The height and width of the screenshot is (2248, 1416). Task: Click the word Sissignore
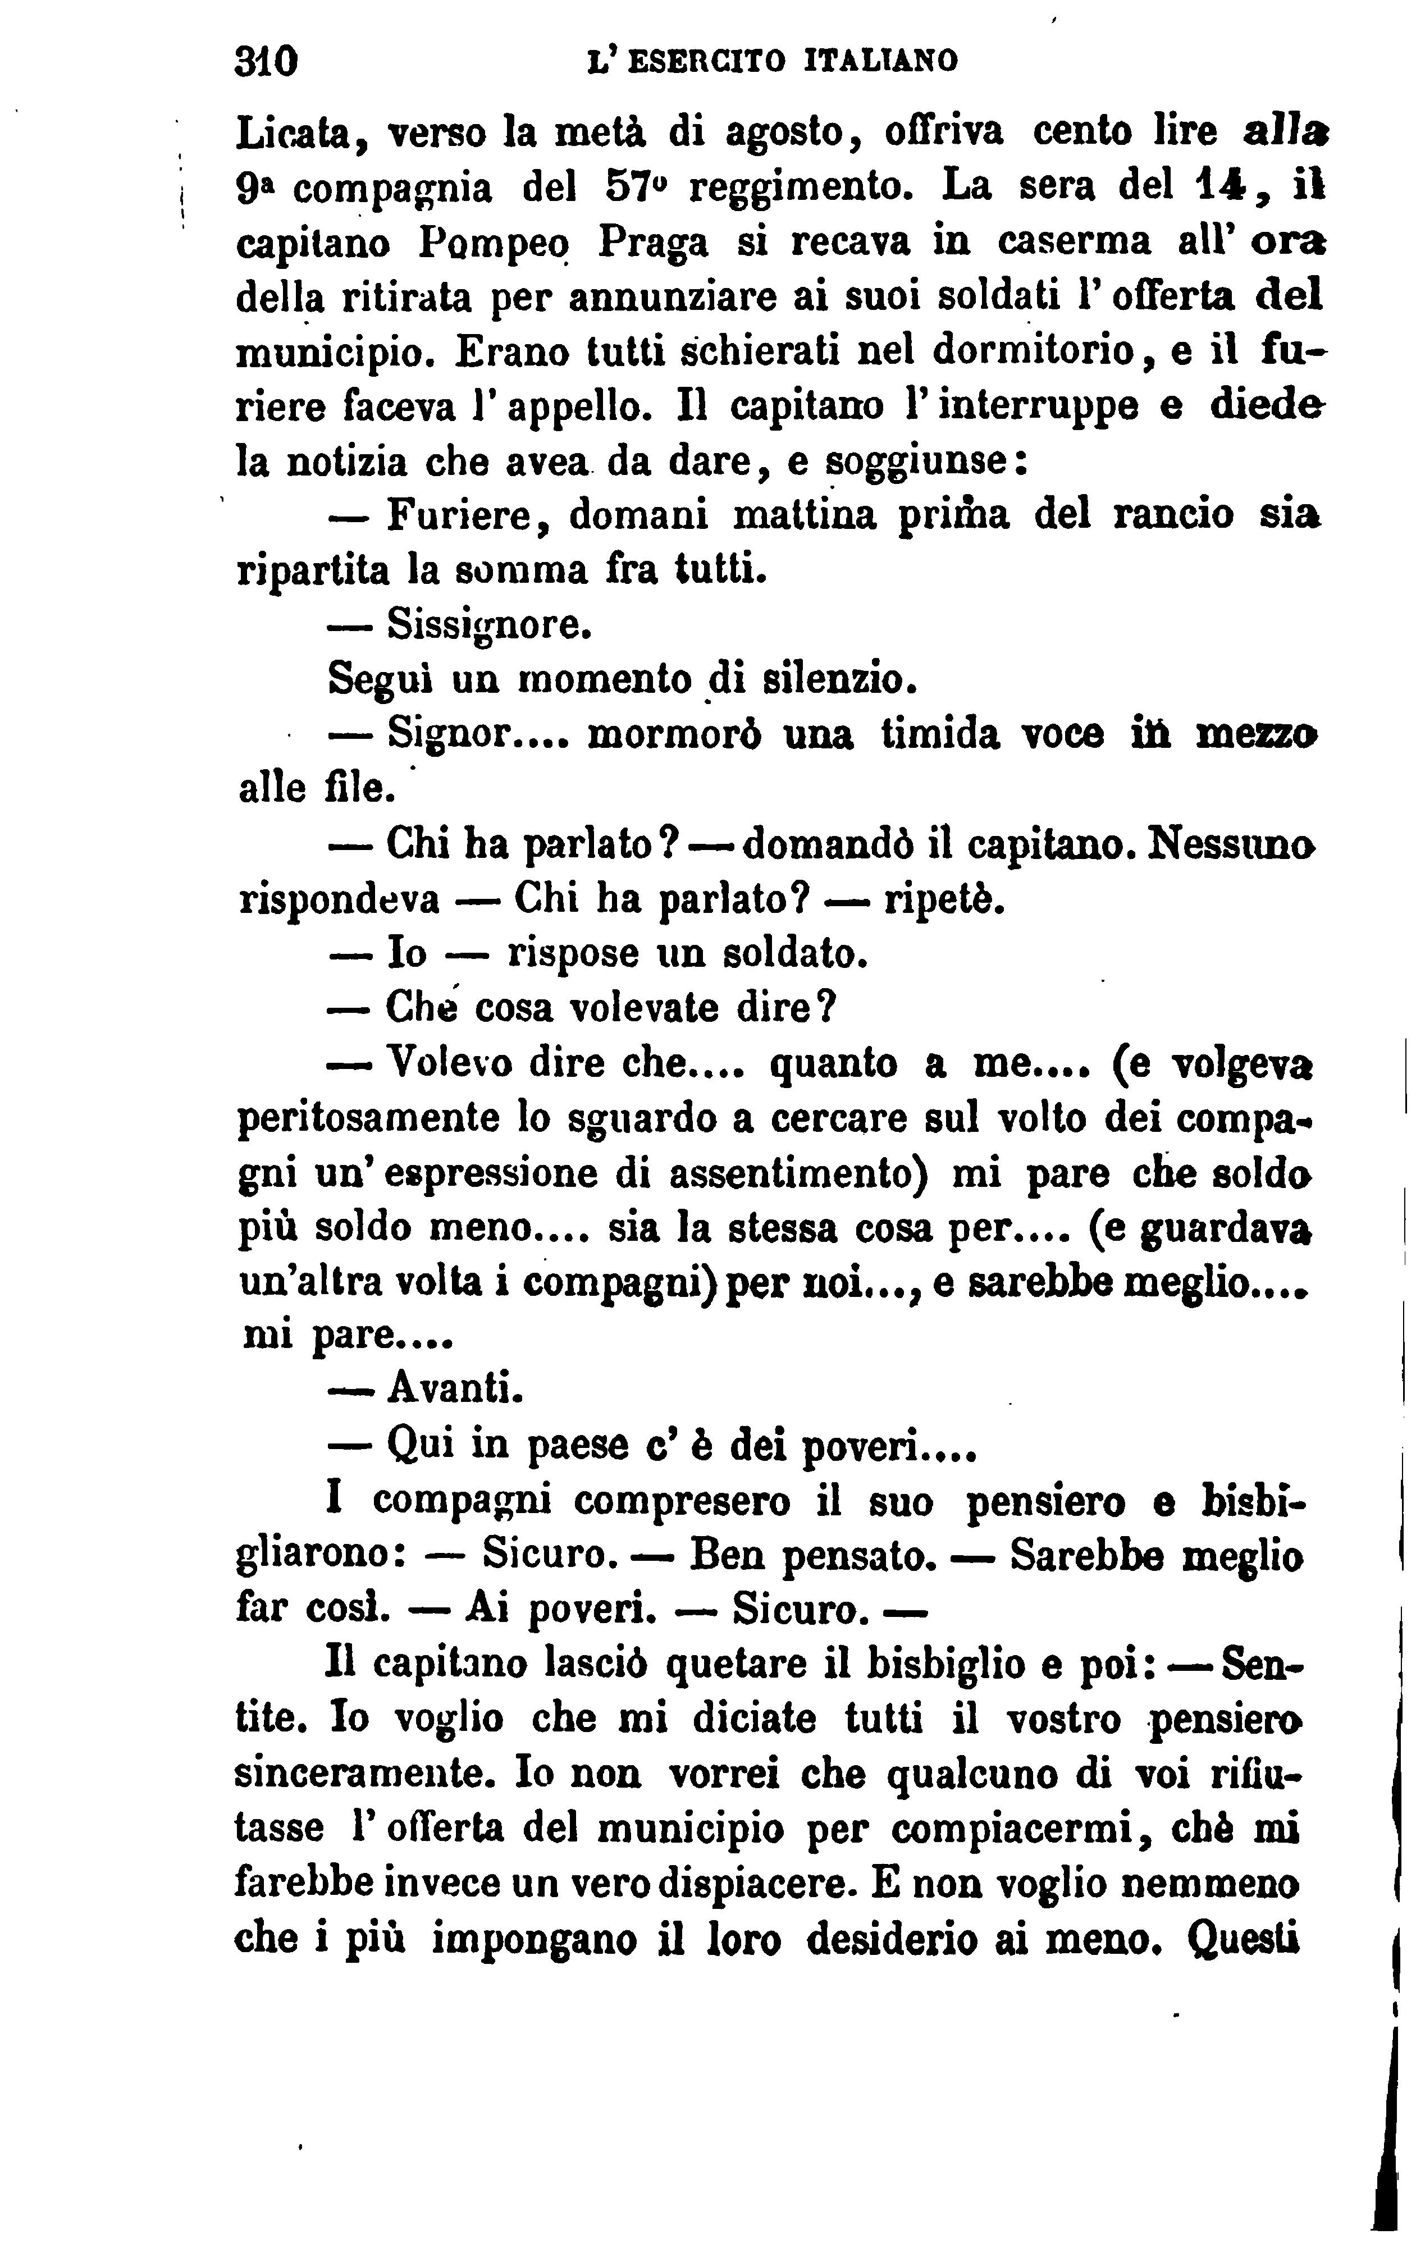(488, 624)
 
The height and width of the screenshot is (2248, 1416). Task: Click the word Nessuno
(1231, 844)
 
